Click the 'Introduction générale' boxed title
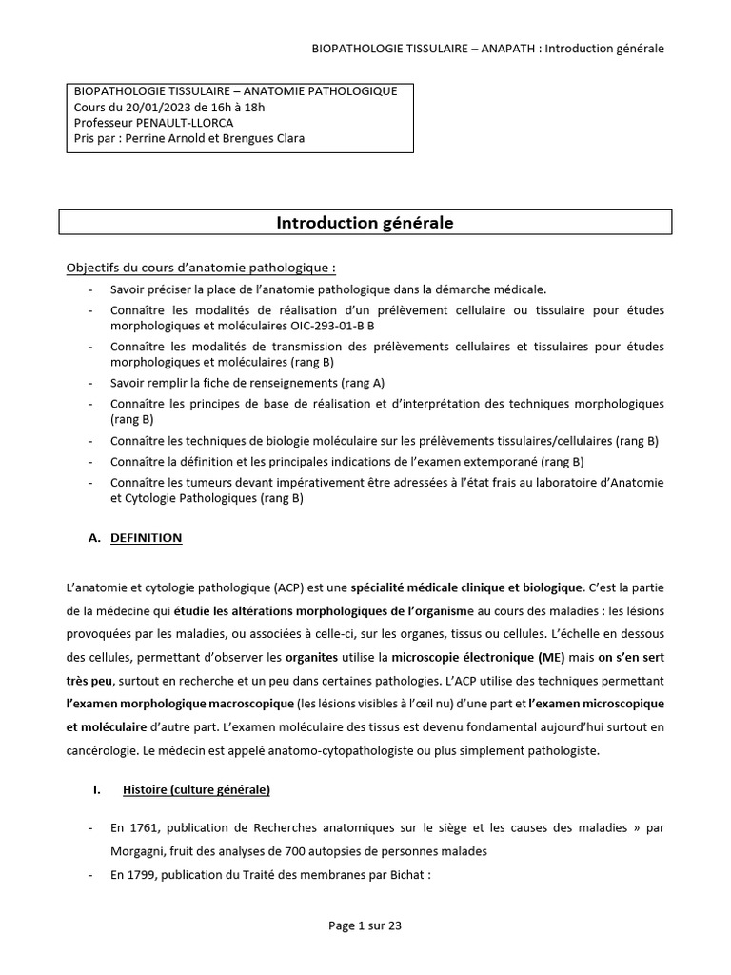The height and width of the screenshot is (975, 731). coord(365,223)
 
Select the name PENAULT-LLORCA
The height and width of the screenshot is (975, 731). coord(186,122)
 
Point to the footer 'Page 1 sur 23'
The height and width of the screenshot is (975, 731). coord(365,925)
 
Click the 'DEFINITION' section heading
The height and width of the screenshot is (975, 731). coord(146,538)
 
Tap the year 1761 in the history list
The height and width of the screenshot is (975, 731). coord(143,828)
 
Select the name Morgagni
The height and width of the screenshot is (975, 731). coord(137,852)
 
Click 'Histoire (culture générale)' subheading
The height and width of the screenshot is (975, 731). coord(196,789)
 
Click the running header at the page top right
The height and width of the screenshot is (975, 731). coord(488,49)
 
